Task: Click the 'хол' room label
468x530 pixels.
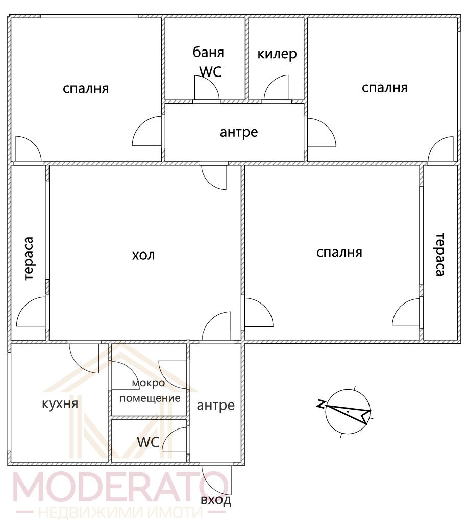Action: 143,255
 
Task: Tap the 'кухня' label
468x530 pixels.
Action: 60,403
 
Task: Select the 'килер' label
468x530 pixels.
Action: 277,54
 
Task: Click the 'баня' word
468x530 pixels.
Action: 208,52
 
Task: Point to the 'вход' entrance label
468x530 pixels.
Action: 216,500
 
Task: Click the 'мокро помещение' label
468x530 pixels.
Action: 150,390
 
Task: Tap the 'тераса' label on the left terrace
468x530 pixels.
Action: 29,258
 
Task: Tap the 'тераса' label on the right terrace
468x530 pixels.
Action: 439,254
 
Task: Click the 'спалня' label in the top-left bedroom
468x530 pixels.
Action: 86,89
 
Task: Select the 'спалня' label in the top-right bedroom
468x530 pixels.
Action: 385,88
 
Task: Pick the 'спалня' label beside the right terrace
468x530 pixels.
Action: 339,252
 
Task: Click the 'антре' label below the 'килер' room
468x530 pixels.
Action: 239,132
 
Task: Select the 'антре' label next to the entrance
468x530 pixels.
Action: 216,405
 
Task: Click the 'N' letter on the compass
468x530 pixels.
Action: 321,403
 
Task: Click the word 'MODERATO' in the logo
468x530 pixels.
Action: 120,486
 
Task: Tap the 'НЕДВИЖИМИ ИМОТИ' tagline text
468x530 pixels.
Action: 121,513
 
